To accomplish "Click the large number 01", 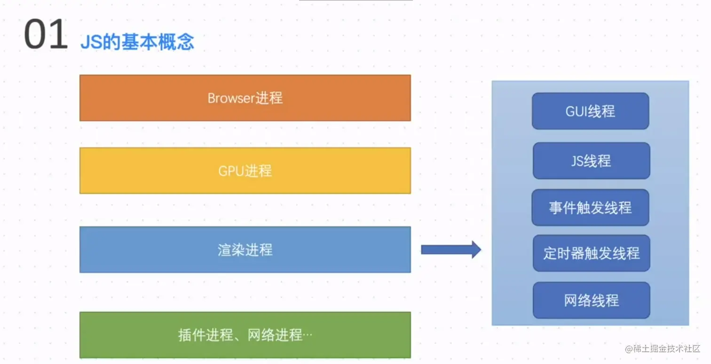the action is click(x=46, y=34).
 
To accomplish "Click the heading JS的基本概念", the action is click(x=137, y=42).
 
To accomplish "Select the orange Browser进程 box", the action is click(x=245, y=98).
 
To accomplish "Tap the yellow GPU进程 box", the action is click(x=245, y=170).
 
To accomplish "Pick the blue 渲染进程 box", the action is click(x=245, y=249).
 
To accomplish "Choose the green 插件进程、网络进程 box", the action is click(x=245, y=335).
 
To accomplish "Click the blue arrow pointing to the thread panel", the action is click(x=451, y=250).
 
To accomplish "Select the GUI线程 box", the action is click(x=591, y=111).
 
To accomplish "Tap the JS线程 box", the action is click(x=592, y=161).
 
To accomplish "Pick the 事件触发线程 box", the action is click(x=591, y=208).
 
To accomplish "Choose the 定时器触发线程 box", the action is click(x=592, y=253).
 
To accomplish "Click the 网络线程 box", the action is click(x=592, y=300).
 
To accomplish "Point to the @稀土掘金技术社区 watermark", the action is click(x=663, y=349).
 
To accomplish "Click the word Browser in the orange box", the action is click(x=231, y=98).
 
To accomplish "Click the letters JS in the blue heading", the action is click(x=92, y=42).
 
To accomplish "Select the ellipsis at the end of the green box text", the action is click(x=308, y=334).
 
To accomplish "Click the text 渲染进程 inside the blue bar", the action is click(x=245, y=250).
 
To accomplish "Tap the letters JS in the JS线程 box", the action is click(x=577, y=161).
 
